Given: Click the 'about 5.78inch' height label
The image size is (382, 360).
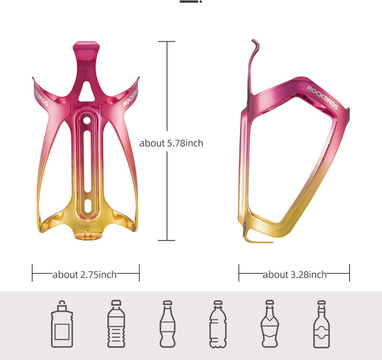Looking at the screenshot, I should [171, 143].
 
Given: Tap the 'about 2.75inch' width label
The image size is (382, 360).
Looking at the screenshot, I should [85, 274].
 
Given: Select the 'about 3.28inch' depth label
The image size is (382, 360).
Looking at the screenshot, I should [294, 274].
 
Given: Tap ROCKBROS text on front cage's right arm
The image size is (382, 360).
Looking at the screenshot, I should [131, 95].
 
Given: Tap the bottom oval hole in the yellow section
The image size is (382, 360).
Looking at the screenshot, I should [86, 206].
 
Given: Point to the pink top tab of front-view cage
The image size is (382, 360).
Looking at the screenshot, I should [86, 46].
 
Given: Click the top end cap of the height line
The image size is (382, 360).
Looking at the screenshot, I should [166, 41].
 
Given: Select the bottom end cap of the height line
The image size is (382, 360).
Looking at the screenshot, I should [166, 240].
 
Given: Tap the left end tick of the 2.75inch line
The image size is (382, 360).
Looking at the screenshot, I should [33, 273].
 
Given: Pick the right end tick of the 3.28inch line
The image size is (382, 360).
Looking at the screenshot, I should [349, 273].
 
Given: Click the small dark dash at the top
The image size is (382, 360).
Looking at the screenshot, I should [189, 2].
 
